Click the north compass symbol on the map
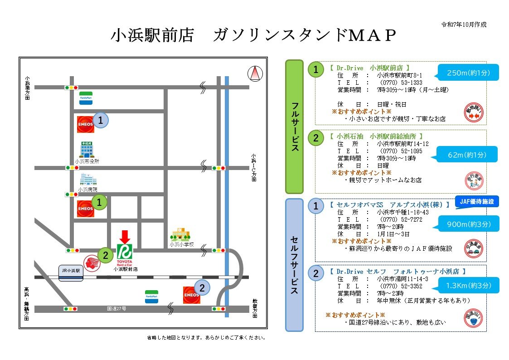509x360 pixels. pyautogui.click(x=255, y=73)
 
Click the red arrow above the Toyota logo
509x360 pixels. pyautogui.click(x=125, y=236)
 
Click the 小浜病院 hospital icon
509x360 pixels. pyautogui.click(x=87, y=180)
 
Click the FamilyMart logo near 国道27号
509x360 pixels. pyautogui.click(x=151, y=297)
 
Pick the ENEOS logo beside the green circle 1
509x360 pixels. pyautogui.click(x=85, y=209)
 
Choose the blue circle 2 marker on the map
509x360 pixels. pyautogui.click(x=202, y=287)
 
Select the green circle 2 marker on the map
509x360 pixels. pyautogui.click(x=106, y=255)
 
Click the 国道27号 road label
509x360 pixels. pyautogui.click(x=117, y=309)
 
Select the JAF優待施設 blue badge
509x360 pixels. pyautogui.click(x=476, y=201)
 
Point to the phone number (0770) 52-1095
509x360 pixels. pyautogui.click(x=399, y=151)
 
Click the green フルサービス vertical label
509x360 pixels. pyautogui.click(x=294, y=126)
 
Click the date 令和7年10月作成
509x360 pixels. pyautogui.click(x=464, y=24)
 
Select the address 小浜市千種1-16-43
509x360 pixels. pyautogui.click(x=402, y=212)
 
